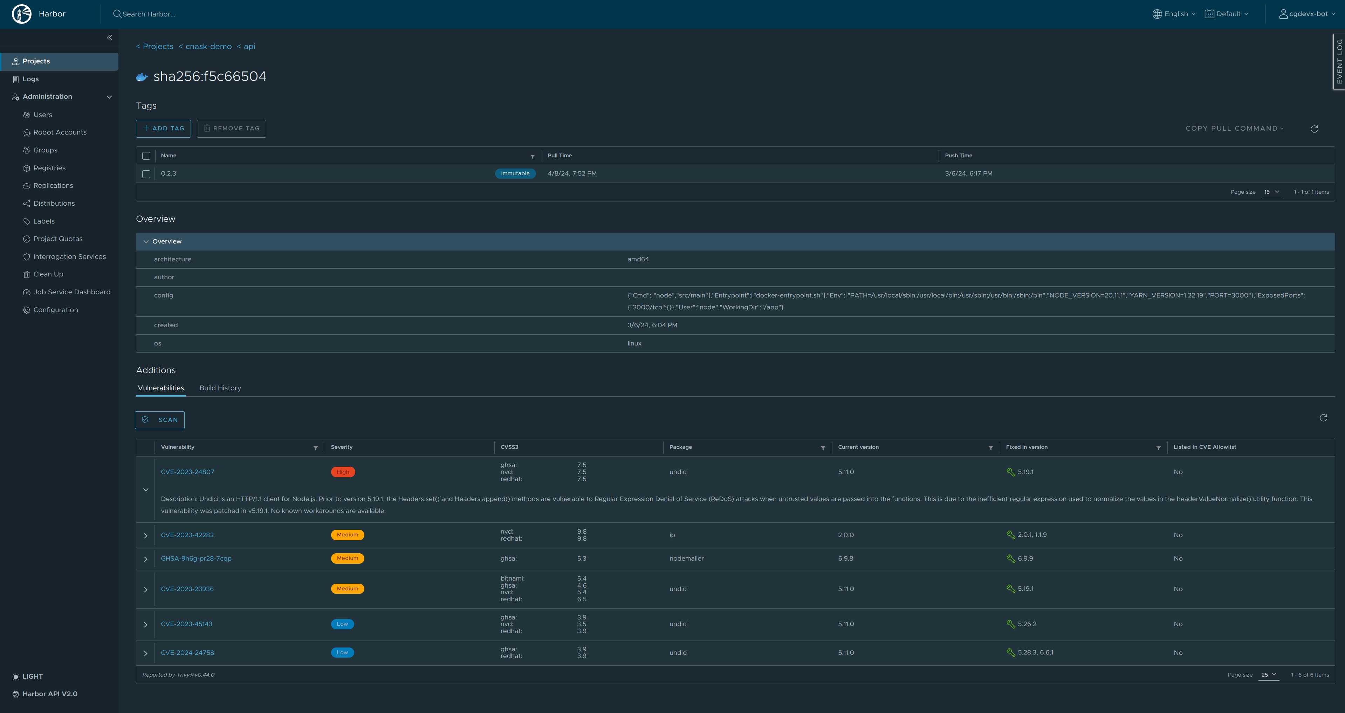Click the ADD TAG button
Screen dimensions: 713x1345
163,128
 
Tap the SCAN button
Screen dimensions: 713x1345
160,420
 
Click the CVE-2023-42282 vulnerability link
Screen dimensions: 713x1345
187,535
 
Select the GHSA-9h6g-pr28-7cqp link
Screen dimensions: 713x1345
196,558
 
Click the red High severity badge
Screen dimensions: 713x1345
343,472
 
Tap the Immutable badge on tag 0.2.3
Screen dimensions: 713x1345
515,174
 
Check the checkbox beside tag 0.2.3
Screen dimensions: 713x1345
146,174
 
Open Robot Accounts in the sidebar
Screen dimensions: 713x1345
60,132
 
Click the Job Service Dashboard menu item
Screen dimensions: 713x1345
71,292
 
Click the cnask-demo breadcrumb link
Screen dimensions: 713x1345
208,47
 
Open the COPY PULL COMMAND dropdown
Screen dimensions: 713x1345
1234,128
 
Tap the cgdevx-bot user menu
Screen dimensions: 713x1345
1307,14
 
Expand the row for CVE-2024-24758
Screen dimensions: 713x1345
146,653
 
